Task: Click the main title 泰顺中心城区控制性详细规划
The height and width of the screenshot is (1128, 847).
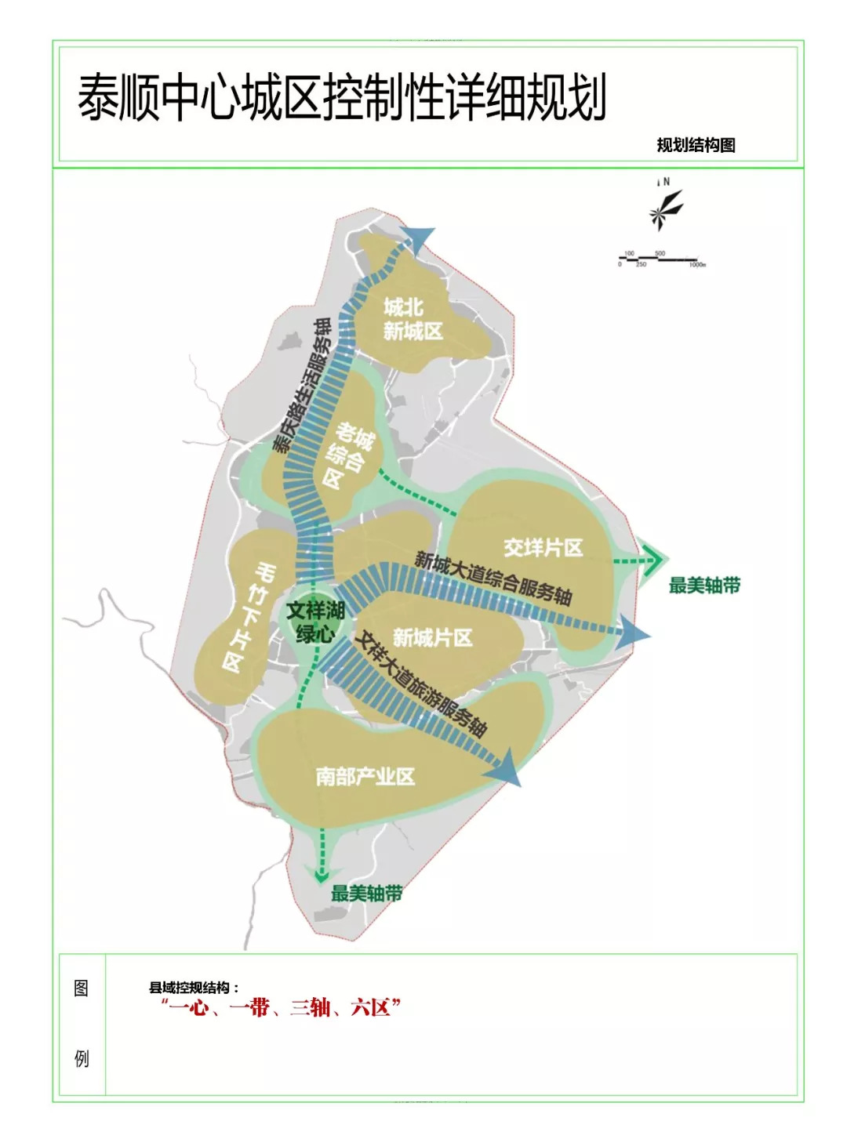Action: (x=342, y=98)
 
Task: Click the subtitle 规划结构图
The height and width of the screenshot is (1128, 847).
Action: (x=696, y=145)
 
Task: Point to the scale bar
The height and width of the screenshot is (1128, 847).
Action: (x=662, y=259)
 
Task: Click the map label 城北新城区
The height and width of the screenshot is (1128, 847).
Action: (x=413, y=319)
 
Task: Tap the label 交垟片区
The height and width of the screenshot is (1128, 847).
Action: (x=543, y=548)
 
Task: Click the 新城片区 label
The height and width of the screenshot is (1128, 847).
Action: (x=432, y=637)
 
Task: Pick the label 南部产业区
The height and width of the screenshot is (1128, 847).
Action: (x=365, y=777)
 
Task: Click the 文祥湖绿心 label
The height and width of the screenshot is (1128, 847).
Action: (x=315, y=622)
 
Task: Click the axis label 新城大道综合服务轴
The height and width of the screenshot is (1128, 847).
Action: (x=493, y=578)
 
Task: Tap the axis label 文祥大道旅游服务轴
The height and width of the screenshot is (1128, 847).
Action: (x=420, y=683)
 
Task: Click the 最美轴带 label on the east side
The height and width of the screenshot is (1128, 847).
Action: (x=703, y=585)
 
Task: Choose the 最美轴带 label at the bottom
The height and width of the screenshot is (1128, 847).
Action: (x=366, y=893)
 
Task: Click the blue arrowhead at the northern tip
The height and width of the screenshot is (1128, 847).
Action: (x=418, y=238)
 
